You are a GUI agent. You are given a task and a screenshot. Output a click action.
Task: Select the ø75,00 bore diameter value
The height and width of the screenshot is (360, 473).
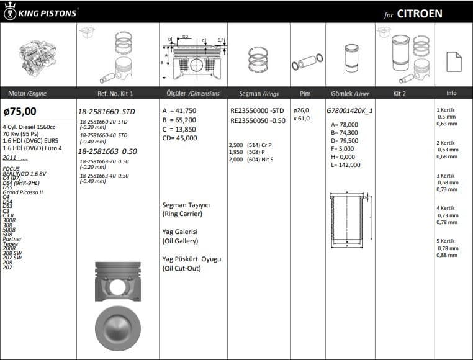coord(20,112)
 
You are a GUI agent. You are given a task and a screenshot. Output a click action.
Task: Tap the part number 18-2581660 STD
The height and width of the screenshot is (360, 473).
coord(106,112)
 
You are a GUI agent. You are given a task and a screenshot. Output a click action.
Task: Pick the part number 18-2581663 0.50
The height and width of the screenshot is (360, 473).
coord(107,151)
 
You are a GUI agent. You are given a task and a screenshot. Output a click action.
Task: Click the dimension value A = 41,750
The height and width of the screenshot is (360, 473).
coord(179,110)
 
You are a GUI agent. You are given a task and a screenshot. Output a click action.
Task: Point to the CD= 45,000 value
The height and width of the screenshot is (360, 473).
coord(179,138)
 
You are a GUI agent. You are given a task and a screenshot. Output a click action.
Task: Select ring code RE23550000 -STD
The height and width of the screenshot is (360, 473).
coord(258,110)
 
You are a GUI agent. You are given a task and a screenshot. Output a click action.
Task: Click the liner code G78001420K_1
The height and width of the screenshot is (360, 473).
coord(350,111)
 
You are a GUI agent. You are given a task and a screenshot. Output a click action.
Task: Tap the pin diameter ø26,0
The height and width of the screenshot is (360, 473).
coord(302,110)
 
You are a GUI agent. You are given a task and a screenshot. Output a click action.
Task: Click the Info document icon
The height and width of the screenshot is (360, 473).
coord(454,61)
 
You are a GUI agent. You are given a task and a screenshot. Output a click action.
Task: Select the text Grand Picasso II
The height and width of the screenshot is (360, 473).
coord(23,192)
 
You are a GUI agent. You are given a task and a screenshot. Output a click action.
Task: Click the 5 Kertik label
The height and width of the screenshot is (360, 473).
coord(446,241)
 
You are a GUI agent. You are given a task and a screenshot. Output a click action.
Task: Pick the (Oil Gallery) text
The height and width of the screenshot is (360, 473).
coord(180,241)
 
